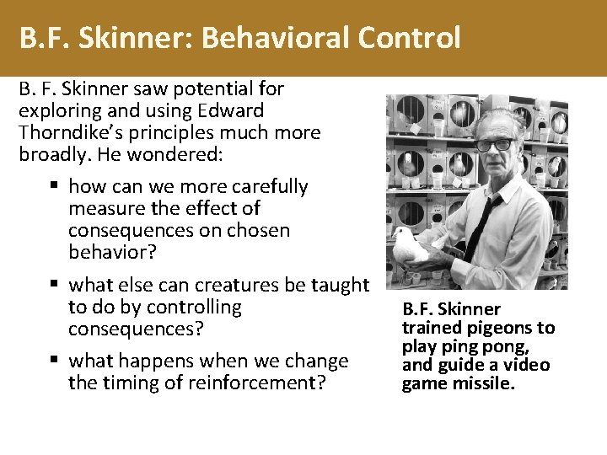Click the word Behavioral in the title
tap(273, 38)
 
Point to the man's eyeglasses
tap(495, 144)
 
